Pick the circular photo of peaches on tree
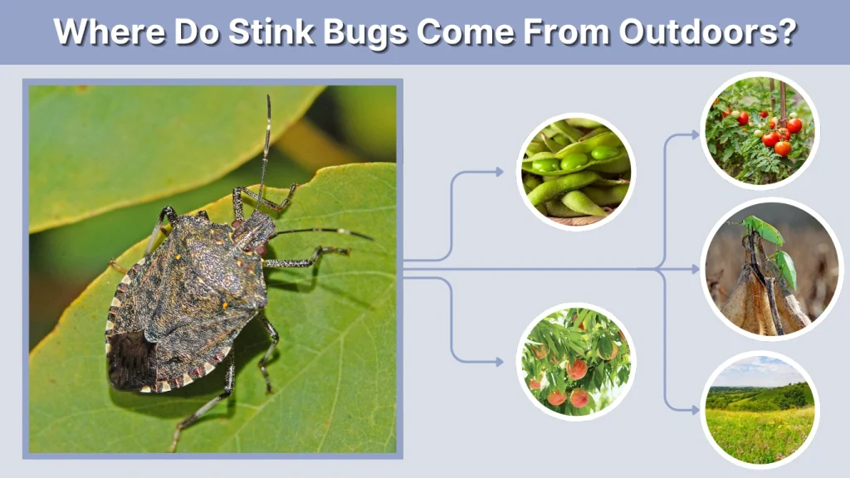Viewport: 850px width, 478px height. pyautogui.click(x=576, y=361)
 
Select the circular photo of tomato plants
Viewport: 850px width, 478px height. pyautogui.click(x=760, y=130)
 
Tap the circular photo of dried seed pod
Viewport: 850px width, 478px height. pyautogui.click(x=760, y=269)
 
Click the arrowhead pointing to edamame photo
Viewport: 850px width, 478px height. pyautogui.click(x=499, y=172)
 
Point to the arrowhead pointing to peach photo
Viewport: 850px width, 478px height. pyautogui.click(x=499, y=362)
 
